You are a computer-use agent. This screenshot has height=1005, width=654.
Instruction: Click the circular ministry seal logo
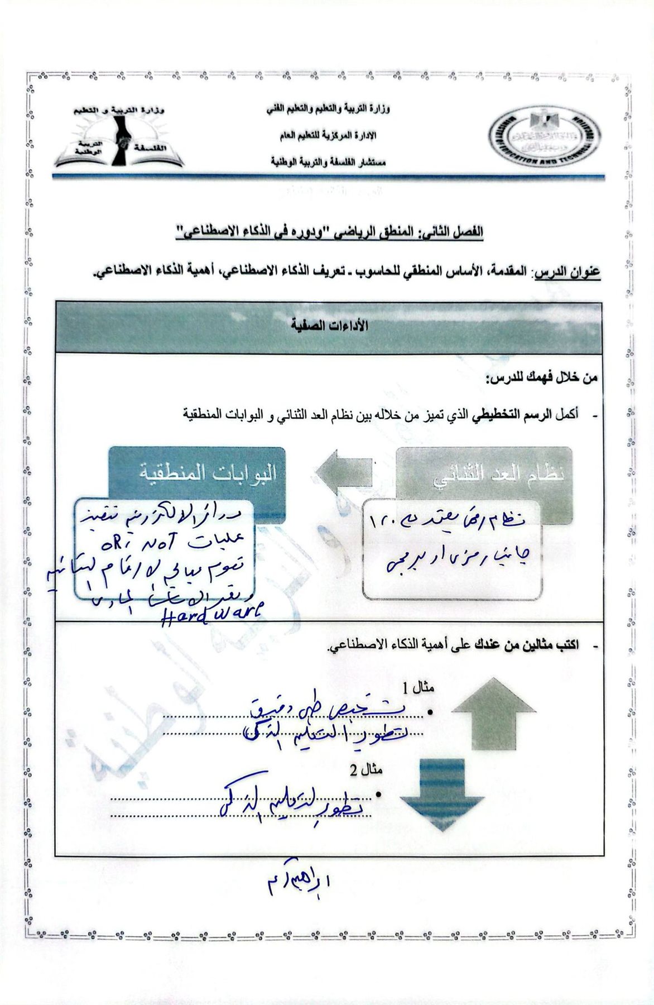coord(544,136)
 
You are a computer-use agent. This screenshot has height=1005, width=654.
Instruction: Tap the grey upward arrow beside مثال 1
coord(493,713)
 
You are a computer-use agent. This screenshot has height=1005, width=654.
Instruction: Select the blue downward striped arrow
coord(441,795)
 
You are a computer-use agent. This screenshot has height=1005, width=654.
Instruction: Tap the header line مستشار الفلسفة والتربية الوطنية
coord(326,162)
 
